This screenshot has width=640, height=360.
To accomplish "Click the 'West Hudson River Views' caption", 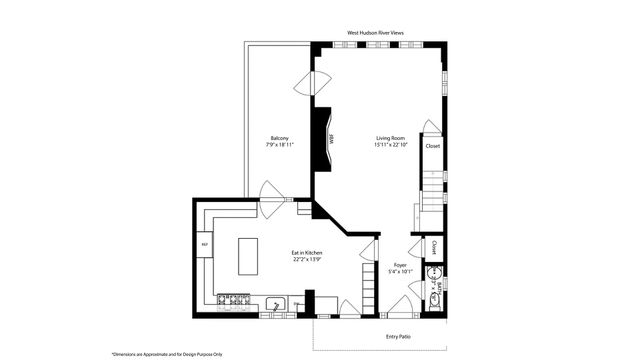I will click(x=377, y=33).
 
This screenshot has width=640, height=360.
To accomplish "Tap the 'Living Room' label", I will click(x=390, y=138).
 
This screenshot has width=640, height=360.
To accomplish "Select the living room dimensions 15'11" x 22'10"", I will click(x=390, y=146).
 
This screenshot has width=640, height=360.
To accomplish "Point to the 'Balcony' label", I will click(x=280, y=138).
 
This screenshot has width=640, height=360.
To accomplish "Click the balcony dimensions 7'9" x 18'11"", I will click(x=280, y=146).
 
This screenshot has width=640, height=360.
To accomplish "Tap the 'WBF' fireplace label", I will click(x=331, y=140).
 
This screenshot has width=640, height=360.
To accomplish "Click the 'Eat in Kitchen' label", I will click(x=307, y=253).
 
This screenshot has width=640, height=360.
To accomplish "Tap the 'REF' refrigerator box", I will click(x=204, y=244).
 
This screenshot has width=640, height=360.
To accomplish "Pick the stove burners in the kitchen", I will click(x=233, y=298).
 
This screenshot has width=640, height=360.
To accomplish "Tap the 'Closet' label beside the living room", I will click(x=433, y=146).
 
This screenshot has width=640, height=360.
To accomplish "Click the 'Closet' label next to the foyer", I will click(x=435, y=246).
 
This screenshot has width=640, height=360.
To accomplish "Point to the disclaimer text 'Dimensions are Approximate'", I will click(x=168, y=353).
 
